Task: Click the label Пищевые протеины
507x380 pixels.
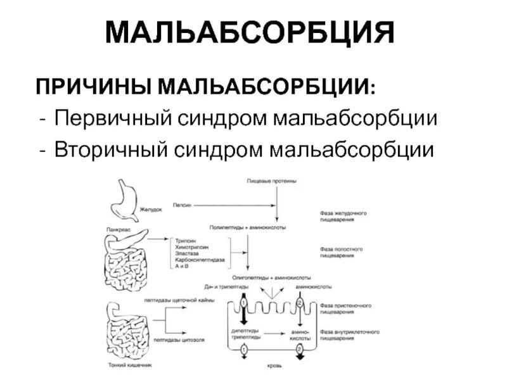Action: click(x=272, y=182)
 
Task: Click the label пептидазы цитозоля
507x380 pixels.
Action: click(x=171, y=340)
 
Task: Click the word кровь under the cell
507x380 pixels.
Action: click(x=274, y=365)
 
